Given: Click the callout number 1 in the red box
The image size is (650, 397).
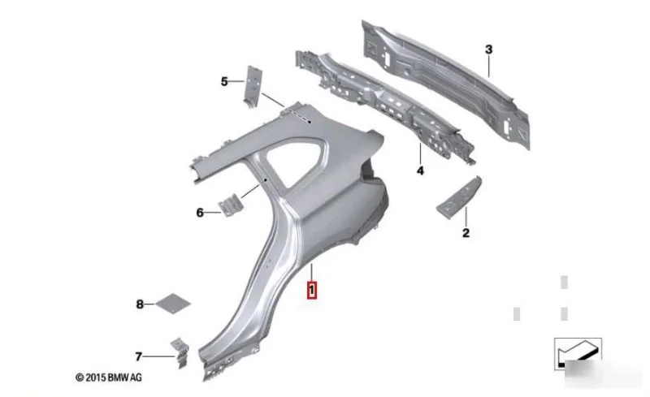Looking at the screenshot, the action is pyautogui.click(x=311, y=290).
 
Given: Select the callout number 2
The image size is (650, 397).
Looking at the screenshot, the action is pyautogui.click(x=466, y=233).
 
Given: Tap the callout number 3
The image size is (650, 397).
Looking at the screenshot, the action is pyautogui.click(x=489, y=50).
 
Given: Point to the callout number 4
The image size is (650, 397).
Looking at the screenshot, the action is pyautogui.click(x=420, y=170).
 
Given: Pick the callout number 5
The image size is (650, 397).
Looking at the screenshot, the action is pyautogui.click(x=224, y=82).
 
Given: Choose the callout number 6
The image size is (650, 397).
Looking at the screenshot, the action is pyautogui.click(x=200, y=213).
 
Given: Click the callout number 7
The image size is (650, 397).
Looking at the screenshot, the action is pyautogui.click(x=138, y=356).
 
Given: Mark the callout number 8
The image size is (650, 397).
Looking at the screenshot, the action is pyautogui.click(x=140, y=304).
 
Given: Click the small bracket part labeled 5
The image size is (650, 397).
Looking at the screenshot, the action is pyautogui.click(x=253, y=87).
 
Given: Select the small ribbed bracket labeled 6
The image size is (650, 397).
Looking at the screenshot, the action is pyautogui.click(x=229, y=205).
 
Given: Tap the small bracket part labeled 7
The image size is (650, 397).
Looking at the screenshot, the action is pyautogui.click(x=180, y=352).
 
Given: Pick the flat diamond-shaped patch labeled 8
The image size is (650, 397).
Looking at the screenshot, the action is pyautogui.click(x=173, y=304).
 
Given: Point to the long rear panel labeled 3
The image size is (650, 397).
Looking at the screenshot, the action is pyautogui.click(x=445, y=84).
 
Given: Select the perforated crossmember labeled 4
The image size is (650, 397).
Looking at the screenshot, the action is pyautogui.click(x=384, y=106).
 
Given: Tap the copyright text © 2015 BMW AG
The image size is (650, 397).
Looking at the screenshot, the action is pyautogui.click(x=109, y=378).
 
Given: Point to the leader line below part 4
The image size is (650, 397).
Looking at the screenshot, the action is pyautogui.click(x=420, y=153).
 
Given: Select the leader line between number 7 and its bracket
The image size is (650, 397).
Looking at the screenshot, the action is pyautogui.click(x=160, y=356).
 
